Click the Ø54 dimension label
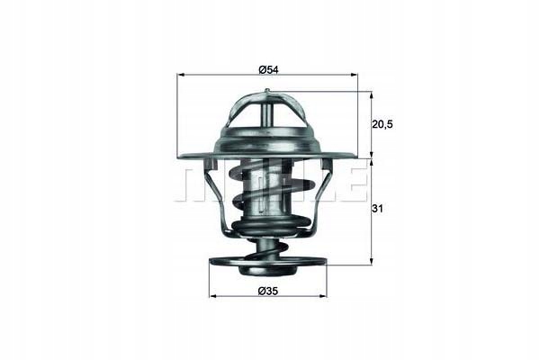268,69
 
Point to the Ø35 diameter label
268,290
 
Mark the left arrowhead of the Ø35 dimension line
212,295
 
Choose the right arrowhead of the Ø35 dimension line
325,295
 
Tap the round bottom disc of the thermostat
268,266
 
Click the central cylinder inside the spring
267,193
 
